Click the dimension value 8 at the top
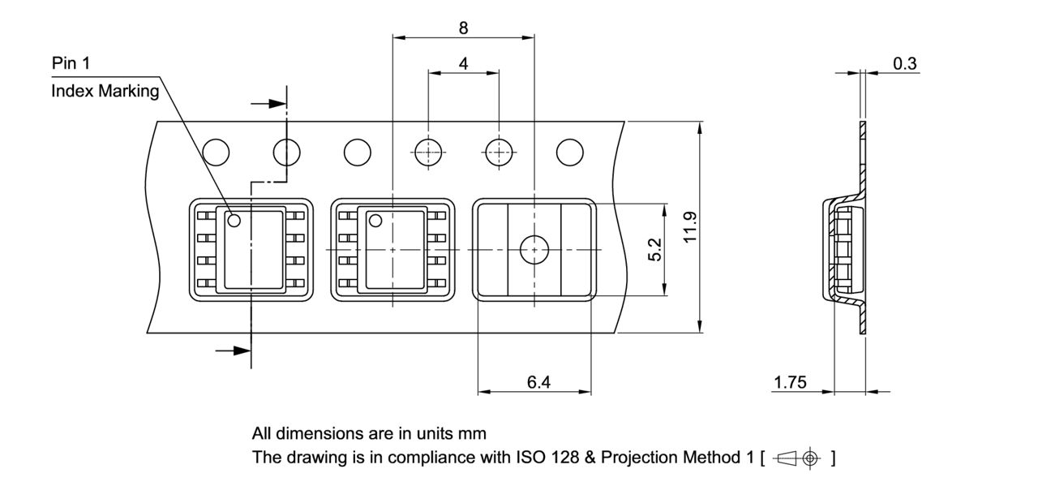point(463,28)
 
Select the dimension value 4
point(463,63)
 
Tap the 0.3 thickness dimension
point(905,63)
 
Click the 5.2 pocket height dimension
point(655,249)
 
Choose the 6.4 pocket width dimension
point(538,382)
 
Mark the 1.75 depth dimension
point(790,382)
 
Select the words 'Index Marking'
point(105,91)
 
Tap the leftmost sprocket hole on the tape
point(217,152)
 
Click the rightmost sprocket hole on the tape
point(569,152)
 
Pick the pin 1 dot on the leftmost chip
point(234,220)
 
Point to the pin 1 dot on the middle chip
point(375,220)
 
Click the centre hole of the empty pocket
point(534,250)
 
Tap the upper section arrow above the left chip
point(270,104)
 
